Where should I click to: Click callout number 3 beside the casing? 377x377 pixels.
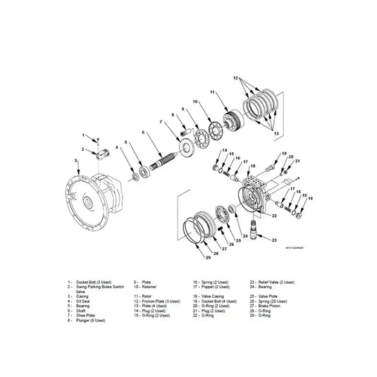click(x=75, y=161)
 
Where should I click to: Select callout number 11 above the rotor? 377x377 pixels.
click(x=211, y=92)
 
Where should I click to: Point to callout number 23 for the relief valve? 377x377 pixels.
click(x=274, y=240)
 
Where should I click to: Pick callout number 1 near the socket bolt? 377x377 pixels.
click(x=82, y=135)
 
